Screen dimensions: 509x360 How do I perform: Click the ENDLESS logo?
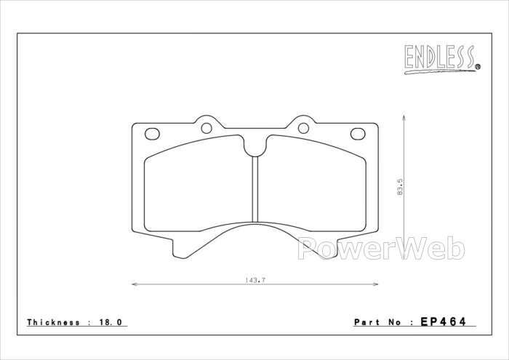(x=442, y=60)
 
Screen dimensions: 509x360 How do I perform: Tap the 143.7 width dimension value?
(x=255, y=280)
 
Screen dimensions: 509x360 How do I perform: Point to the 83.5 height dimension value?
(x=400, y=186)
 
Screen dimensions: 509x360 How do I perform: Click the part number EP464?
(x=443, y=321)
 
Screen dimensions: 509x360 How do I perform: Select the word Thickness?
(x=53, y=322)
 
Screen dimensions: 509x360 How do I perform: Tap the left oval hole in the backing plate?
(x=152, y=134)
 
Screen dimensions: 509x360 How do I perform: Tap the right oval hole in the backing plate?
(x=358, y=134)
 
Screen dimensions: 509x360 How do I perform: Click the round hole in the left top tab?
(x=207, y=128)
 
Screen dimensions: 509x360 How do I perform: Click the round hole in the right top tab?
(x=303, y=128)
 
